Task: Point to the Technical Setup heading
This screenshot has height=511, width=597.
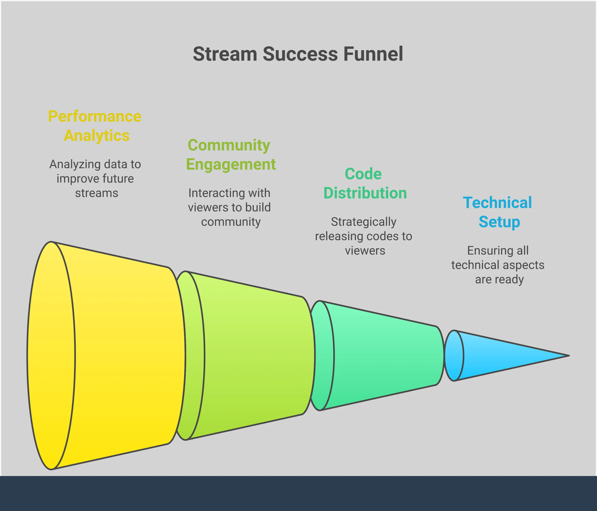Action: click(x=497, y=212)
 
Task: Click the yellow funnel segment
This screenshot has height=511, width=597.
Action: click(x=121, y=355)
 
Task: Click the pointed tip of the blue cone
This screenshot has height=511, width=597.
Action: click(x=568, y=356)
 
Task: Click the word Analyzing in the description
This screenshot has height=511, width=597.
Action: click(x=75, y=164)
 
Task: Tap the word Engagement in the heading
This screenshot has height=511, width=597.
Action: click(x=231, y=164)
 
